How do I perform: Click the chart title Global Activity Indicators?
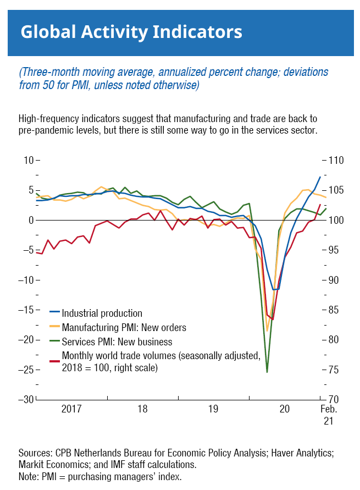point(131,31)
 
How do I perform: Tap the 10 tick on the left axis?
point(26,160)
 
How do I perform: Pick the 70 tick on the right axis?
point(333,399)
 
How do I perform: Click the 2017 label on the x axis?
point(71,409)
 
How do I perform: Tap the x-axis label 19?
point(213,409)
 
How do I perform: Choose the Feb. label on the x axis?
point(328,409)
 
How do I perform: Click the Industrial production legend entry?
point(102,313)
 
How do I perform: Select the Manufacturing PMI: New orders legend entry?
point(124,328)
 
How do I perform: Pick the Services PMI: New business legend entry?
point(117,342)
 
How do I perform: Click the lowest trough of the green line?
point(267,372)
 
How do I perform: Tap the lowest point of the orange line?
point(267,331)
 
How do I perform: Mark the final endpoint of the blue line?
point(320,177)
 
